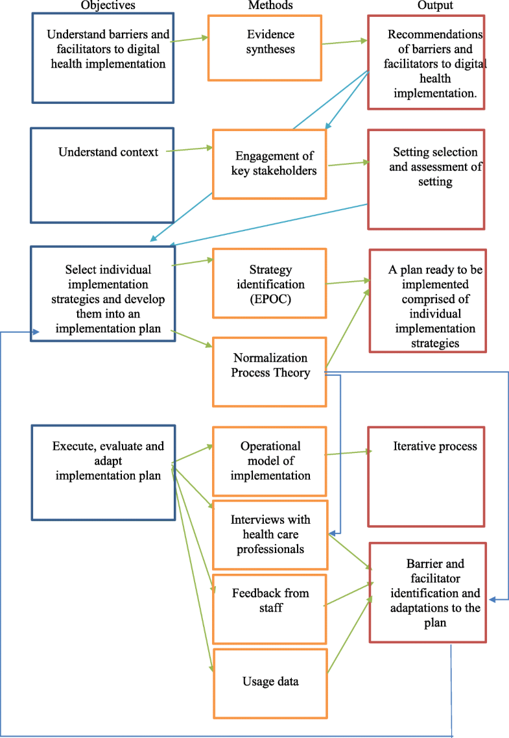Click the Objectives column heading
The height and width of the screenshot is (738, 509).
[x=103, y=6]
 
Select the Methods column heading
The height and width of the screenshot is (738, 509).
[x=270, y=6]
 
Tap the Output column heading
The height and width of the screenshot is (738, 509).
[x=435, y=6]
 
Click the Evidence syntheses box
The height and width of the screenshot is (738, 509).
[x=266, y=47]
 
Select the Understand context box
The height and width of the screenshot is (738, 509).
[x=102, y=175]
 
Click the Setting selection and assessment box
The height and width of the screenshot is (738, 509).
[x=426, y=178]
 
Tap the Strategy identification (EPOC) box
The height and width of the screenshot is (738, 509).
[x=268, y=283]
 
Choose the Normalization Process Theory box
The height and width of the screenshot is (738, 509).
[x=270, y=372]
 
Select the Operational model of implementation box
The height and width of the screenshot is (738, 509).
[x=270, y=461]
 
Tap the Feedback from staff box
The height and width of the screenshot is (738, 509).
[x=270, y=600]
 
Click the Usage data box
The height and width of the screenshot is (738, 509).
[x=270, y=682]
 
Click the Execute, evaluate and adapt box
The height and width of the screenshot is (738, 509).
[x=103, y=473]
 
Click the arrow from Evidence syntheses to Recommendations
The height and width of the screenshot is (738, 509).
[x=344, y=42]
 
